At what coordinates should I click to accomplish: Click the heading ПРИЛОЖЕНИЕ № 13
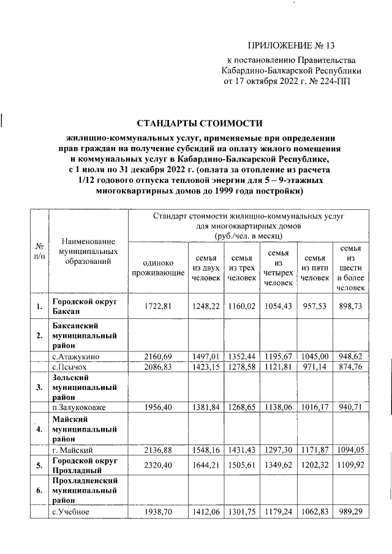[292, 45]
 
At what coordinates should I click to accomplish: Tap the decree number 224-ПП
[335, 80]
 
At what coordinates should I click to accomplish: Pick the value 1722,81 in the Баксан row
[158, 305]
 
